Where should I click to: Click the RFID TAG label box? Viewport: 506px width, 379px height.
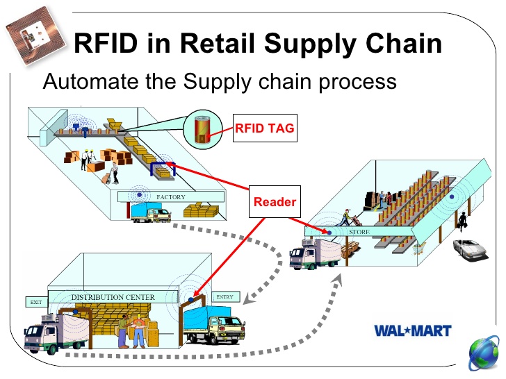(264, 128)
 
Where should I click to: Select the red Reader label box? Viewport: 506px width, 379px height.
(275, 202)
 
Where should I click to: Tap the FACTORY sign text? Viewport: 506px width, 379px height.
(171, 197)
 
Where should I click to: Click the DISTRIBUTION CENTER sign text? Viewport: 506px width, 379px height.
(113, 297)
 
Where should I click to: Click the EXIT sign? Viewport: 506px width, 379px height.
(35, 302)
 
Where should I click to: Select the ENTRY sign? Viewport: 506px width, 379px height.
(225, 297)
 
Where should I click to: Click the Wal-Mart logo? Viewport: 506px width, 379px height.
(412, 331)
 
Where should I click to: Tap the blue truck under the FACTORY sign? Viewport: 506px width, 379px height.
(149, 212)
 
